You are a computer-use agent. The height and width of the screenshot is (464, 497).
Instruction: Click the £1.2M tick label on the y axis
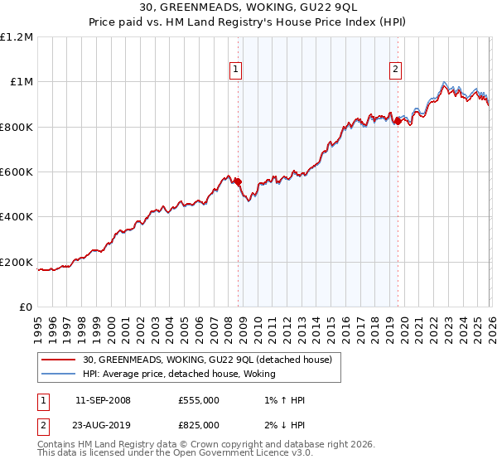[18, 37]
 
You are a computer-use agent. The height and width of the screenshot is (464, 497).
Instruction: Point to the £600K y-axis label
[18, 172]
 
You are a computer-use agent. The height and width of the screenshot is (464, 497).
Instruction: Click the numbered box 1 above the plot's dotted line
[237, 70]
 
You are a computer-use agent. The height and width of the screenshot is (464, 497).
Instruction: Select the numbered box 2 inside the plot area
[396, 70]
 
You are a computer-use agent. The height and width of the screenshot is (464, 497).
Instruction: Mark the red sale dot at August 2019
[398, 122]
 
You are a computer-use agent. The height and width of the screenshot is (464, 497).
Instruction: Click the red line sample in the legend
[59, 360]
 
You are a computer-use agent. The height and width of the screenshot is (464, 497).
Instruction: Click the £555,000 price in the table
[199, 400]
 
